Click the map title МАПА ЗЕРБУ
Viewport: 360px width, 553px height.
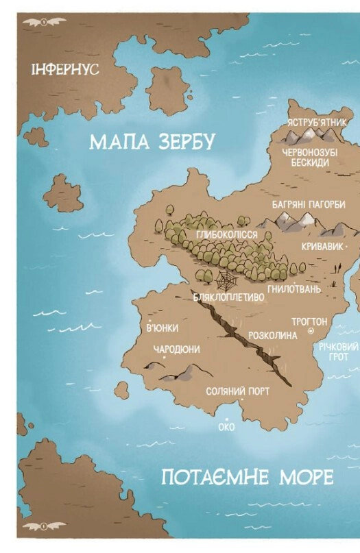click(152, 142)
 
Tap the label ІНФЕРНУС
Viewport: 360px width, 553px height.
click(65, 70)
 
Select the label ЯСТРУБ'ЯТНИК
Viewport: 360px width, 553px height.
click(317, 121)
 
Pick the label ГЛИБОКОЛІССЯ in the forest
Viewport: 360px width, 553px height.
click(226, 235)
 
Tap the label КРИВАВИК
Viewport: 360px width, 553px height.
click(321, 246)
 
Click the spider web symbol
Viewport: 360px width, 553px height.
click(225, 281)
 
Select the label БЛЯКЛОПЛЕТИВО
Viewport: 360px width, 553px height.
click(228, 298)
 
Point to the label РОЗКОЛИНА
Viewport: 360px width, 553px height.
click(273, 336)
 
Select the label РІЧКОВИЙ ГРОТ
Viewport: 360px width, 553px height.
click(338, 352)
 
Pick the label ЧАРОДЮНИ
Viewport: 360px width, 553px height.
click(176, 349)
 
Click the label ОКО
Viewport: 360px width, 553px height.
click(226, 426)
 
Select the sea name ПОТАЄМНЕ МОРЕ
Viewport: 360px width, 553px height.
click(247, 477)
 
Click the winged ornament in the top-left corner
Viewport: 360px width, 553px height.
click(43, 21)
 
